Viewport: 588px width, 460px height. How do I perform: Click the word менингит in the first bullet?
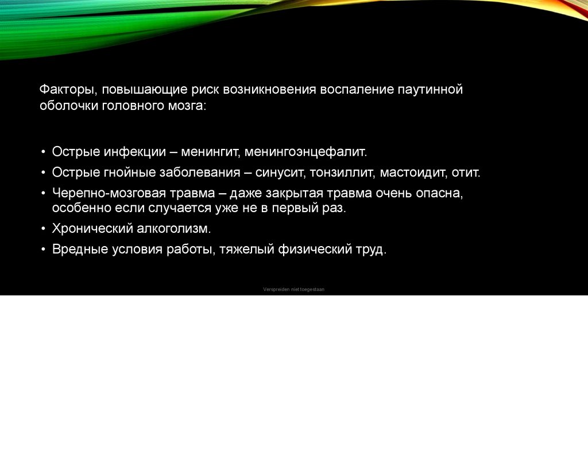pyautogui.click(x=211, y=153)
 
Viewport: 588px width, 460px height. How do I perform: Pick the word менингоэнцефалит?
pyautogui.click(x=305, y=153)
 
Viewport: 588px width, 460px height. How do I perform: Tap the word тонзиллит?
pyautogui.click(x=342, y=172)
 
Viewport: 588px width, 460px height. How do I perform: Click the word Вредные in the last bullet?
pyautogui.click(x=76, y=250)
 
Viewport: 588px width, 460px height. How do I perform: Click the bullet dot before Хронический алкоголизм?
pyautogui.click(x=44, y=229)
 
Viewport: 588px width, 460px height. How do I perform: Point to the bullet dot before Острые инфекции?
pyautogui.click(x=44, y=154)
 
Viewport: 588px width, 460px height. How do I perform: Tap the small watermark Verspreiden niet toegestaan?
pyautogui.click(x=293, y=289)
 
